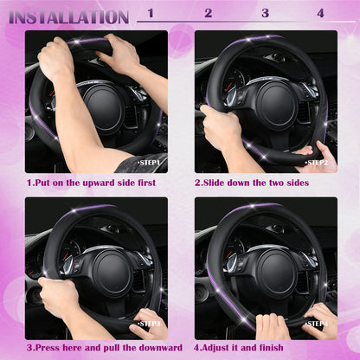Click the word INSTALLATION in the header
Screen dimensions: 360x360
69,16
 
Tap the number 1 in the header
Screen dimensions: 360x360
151,13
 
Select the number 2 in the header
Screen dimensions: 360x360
208,13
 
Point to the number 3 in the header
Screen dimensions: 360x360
265,13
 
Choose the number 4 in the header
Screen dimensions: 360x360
321,13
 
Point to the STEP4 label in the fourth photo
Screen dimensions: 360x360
317,323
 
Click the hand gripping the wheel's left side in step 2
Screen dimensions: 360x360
220,128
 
